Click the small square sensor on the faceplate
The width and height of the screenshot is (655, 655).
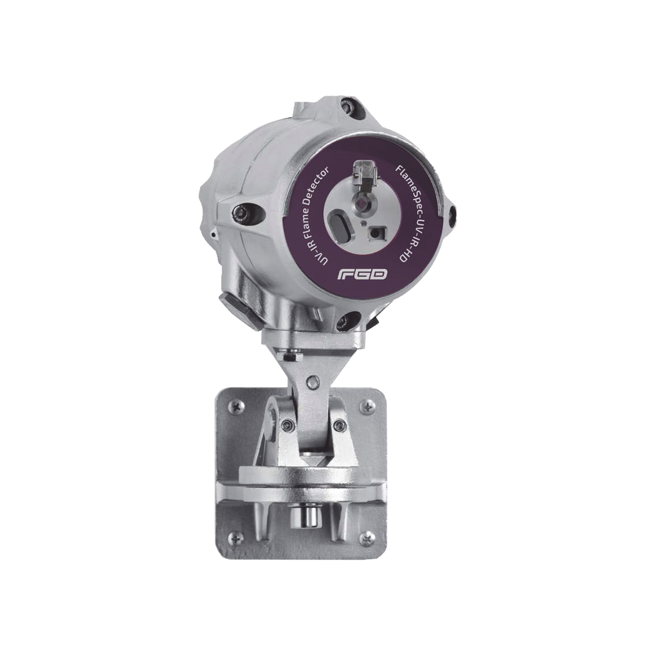coord(375,233)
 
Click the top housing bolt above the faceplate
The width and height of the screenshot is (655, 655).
coord(348,107)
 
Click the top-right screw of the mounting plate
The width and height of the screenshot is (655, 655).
coord(365,408)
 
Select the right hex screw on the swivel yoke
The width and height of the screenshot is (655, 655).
coord(340,424)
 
